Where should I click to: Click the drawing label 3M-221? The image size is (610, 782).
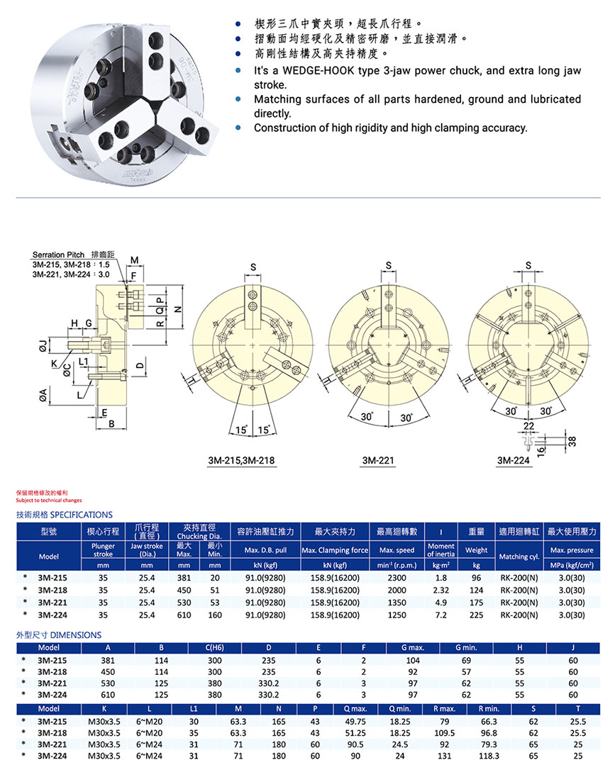click(378, 460)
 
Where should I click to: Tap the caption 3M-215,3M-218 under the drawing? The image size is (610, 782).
click(241, 460)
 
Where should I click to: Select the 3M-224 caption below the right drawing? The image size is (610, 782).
click(514, 460)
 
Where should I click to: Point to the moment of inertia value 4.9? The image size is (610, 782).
click(440, 601)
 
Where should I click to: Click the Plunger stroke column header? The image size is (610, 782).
click(104, 550)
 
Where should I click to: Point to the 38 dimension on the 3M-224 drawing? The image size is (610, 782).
click(572, 440)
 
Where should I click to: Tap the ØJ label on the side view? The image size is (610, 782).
click(43, 346)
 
